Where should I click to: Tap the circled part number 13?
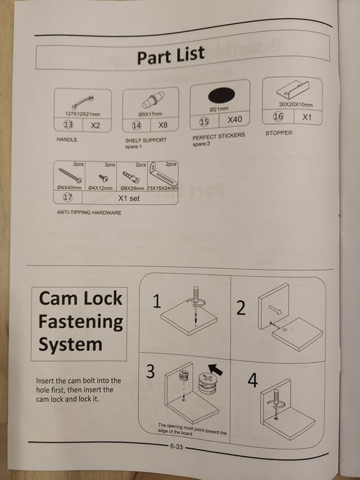(x=68, y=125)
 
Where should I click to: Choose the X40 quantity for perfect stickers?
(x=235, y=119)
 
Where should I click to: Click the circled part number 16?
(x=278, y=116)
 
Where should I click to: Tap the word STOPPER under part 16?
(x=278, y=133)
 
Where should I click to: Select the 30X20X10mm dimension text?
(x=296, y=105)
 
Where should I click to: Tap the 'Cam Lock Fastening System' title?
(x=80, y=322)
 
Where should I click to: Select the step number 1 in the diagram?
(x=156, y=302)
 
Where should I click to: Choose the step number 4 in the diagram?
(x=252, y=380)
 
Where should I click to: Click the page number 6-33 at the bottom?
(x=176, y=446)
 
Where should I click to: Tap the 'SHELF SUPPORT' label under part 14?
(x=146, y=140)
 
